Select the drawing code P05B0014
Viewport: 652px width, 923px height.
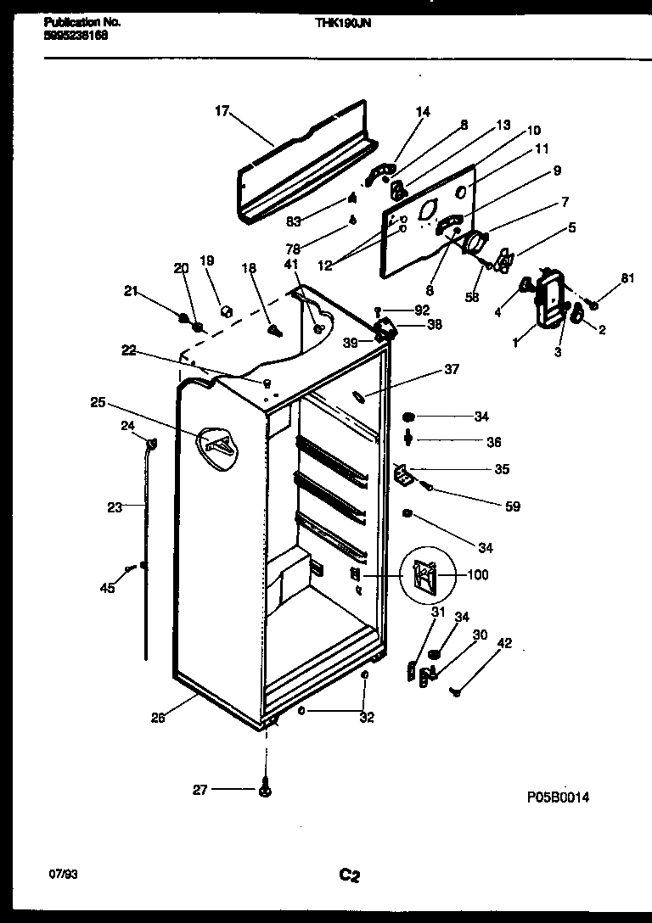coord(558,797)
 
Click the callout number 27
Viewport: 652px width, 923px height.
coord(200,791)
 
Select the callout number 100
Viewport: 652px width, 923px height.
coord(478,575)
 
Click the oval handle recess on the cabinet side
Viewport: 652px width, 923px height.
coord(218,444)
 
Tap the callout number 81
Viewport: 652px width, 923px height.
coord(627,277)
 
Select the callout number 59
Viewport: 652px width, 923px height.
coord(512,507)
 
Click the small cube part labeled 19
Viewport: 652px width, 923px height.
coord(226,310)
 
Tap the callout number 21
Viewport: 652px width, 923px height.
coord(130,291)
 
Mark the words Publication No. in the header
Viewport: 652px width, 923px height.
coord(81,22)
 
